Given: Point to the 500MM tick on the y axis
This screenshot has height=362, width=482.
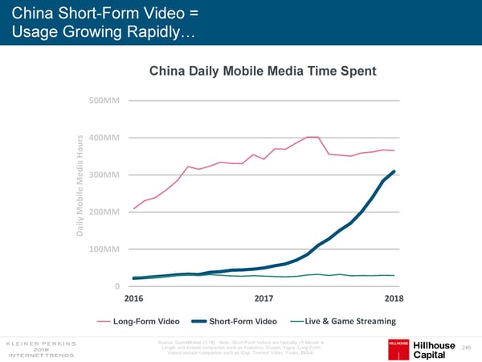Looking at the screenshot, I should [104, 101].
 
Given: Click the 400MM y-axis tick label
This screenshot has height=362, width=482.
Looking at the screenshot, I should [104, 138].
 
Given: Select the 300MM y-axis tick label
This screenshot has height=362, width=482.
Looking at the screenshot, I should [104, 175].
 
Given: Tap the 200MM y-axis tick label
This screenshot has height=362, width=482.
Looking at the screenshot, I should [104, 212].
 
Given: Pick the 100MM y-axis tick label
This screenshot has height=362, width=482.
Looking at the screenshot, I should [104, 249].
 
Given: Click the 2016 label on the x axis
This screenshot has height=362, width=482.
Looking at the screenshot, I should [134, 299].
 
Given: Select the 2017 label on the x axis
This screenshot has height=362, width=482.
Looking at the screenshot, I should [263, 299].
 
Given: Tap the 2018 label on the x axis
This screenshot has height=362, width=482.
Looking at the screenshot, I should [394, 299].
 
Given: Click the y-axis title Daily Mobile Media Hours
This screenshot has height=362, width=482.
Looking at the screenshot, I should [80, 193].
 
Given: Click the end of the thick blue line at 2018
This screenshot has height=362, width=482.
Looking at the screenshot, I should [394, 171].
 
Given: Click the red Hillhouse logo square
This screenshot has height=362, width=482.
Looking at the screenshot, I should [399, 343].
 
